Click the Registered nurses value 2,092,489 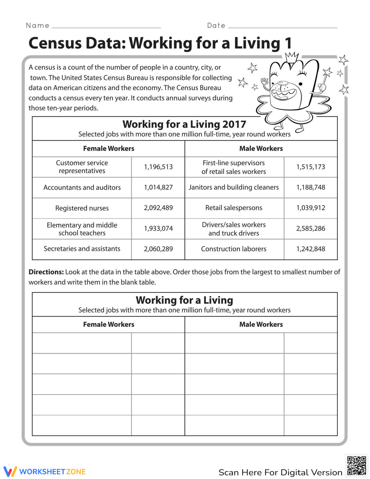158,208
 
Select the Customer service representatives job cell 82,167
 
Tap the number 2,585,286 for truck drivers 310,228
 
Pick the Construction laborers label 233,249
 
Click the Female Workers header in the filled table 108,148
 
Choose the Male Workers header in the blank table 261,324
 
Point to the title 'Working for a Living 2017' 184,124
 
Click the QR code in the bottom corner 357,465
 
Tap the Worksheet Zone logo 45,471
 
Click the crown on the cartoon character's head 292,57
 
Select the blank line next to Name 106,27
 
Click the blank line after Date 283,27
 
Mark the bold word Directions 46,272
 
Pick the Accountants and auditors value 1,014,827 158,187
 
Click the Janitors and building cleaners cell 233,187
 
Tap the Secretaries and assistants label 82,249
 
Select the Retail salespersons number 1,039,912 310,208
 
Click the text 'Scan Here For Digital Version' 280,472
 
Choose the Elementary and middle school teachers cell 82,229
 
